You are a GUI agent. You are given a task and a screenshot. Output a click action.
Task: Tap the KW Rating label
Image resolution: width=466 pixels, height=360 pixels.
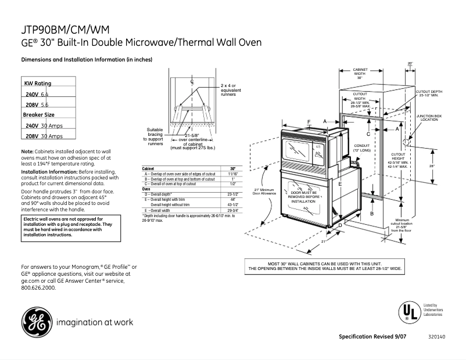(38, 84)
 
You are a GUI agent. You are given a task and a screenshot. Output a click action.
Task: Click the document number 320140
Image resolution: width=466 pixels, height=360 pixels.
(436, 337)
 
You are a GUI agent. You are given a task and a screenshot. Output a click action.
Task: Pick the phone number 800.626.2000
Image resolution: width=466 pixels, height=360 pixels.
(39, 287)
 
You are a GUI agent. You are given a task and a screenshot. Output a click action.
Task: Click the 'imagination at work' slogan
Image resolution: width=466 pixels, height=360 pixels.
(95, 322)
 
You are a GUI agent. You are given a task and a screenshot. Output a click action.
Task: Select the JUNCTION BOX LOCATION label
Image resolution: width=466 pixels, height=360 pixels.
(429, 117)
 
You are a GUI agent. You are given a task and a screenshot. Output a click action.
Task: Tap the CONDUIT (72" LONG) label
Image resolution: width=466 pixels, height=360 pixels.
(362, 148)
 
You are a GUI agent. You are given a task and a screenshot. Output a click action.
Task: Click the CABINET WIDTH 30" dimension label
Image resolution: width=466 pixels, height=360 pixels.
(360, 74)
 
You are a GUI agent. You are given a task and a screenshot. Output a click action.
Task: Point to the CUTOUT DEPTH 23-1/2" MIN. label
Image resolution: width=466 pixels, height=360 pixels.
(429, 93)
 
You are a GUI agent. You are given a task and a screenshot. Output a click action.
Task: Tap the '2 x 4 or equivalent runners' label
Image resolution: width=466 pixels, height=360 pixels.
(231, 89)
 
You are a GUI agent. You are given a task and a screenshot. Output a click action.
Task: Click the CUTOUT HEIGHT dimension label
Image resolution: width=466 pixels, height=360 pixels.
(398, 160)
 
